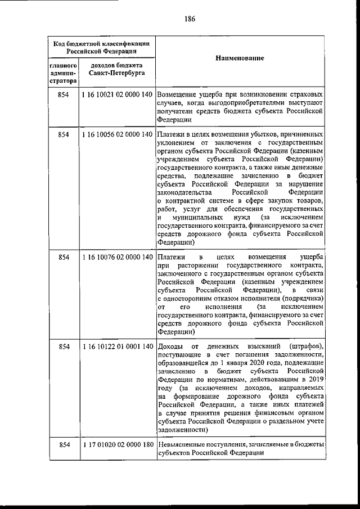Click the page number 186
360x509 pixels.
click(x=189, y=19)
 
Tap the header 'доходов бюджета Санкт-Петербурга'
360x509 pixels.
click(x=117, y=70)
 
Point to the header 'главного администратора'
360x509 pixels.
click(x=63, y=74)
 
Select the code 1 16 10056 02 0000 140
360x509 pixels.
click(x=117, y=136)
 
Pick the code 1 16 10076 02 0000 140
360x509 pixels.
click(x=117, y=257)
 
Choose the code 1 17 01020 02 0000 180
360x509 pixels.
click(x=117, y=445)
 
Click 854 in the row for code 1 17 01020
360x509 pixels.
click(x=63, y=445)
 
